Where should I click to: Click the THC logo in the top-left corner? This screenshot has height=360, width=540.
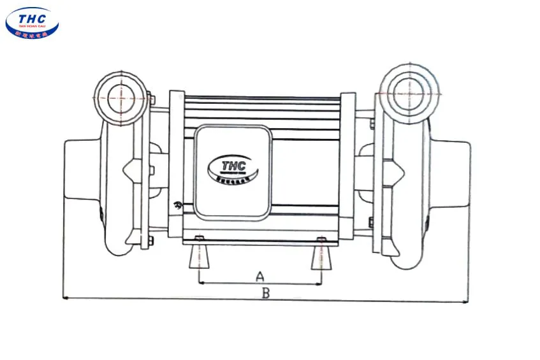tap(32, 22)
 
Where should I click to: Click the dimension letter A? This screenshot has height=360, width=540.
tap(259, 277)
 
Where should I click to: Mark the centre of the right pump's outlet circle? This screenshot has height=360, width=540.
tap(409, 93)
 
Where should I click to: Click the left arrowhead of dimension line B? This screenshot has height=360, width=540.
tap(65, 297)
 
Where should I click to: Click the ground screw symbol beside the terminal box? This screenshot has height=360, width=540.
tap(178, 205)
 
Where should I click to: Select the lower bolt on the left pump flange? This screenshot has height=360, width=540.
tap(150, 240)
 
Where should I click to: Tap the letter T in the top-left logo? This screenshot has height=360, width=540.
tap(20, 17)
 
